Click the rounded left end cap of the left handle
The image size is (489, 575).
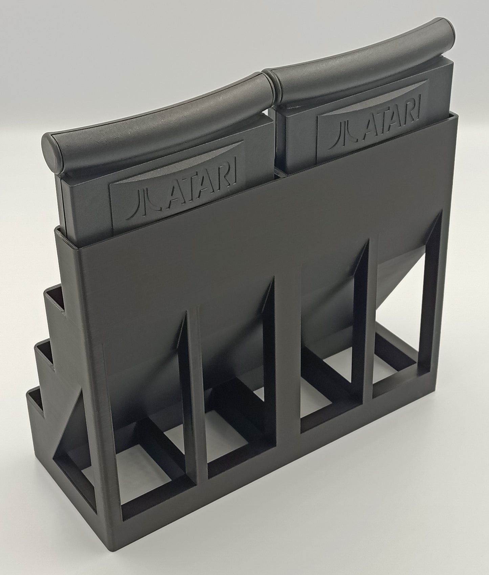[x=51, y=151]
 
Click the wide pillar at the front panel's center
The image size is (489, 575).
[x=286, y=372]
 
